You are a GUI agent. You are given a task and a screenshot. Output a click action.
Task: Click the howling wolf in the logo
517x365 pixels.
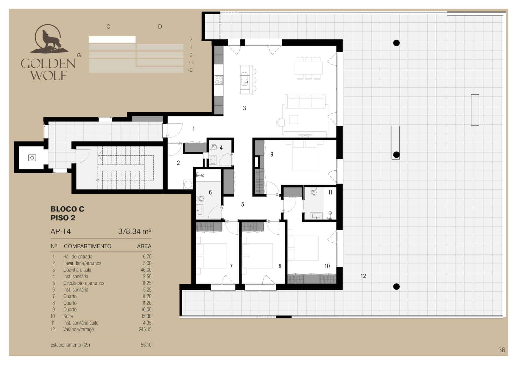click(x=50, y=40)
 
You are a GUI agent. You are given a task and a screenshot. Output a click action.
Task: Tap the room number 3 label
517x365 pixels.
click(x=244, y=108)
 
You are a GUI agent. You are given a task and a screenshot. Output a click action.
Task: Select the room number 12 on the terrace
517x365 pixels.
click(x=363, y=276)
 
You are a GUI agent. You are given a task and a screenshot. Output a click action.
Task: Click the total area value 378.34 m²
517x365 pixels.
click(x=135, y=231)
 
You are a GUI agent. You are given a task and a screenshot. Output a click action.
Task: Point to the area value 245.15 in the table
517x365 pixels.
click(x=145, y=329)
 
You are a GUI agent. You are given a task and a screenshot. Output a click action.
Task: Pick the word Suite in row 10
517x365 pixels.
click(x=68, y=316)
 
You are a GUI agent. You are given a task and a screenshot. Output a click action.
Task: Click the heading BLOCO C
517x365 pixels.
click(x=67, y=209)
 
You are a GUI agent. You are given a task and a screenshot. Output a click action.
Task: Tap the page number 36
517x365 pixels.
click(x=502, y=350)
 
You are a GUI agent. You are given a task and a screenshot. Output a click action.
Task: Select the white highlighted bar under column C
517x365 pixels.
click(x=112, y=40)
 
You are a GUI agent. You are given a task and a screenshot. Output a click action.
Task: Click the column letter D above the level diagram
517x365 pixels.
click(x=160, y=27)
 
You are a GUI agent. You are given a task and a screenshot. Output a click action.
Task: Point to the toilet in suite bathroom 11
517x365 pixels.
click(x=314, y=192)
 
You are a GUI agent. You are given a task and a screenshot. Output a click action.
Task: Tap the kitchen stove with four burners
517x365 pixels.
click(x=219, y=80)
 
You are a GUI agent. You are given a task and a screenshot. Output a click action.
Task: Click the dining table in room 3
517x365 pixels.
click(x=309, y=68)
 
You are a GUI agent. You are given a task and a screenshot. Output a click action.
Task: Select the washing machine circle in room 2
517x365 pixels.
click(x=188, y=184)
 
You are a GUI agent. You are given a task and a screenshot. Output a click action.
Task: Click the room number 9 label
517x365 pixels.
click(x=272, y=155)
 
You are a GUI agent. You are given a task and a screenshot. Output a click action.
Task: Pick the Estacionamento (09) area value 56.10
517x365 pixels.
click(x=146, y=345)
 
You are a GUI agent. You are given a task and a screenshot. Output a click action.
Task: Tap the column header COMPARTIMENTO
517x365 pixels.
click(x=88, y=246)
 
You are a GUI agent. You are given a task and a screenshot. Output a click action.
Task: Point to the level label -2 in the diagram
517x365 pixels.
click(x=190, y=70)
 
